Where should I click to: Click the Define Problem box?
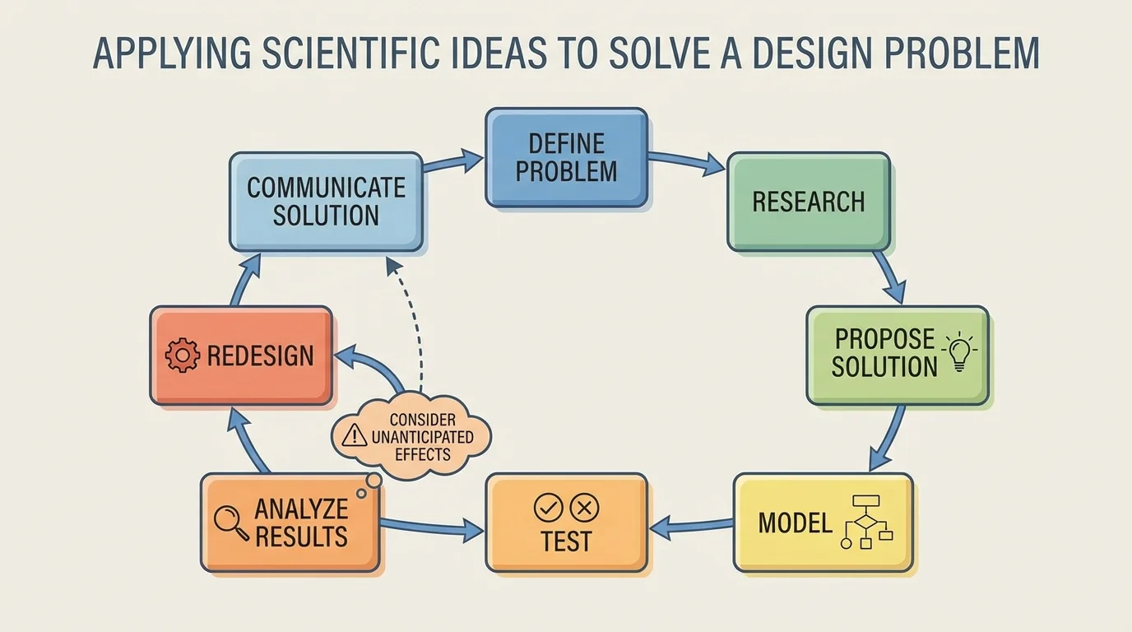tap(566, 157)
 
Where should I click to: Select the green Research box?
tap(808, 202)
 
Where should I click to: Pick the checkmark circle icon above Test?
tap(548, 508)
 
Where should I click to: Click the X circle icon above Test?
tap(584, 508)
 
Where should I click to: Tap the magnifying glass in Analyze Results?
tap(230, 522)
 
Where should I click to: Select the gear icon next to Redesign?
tap(182, 355)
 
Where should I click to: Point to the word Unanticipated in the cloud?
tap(422, 437)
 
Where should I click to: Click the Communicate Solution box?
tap(326, 202)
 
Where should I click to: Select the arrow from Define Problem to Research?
tap(687, 162)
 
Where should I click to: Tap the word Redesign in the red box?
tap(260, 355)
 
